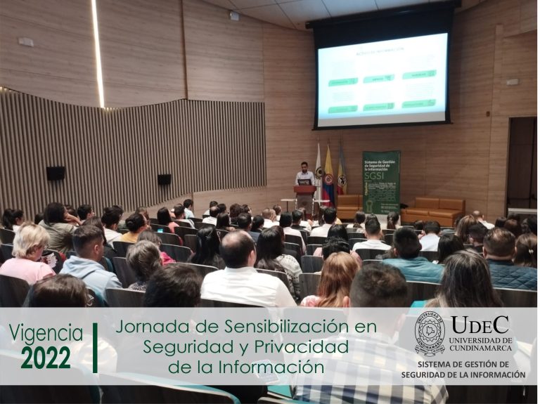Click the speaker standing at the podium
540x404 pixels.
coord(304,175)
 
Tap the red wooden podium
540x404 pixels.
coord(305,196)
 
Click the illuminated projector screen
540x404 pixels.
coord(382,79)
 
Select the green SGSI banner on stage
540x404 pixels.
coord(380,181)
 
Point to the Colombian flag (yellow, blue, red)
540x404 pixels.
coord(328,176)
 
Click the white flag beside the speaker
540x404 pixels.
coord(318,172)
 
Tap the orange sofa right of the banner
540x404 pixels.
coord(433,209)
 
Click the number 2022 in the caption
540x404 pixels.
coord(46,358)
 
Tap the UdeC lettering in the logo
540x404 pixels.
coord(480,325)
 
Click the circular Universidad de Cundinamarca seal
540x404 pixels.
coord(429,334)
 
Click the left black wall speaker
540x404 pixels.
coord(56,173)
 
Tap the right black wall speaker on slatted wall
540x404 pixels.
coord(164,179)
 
